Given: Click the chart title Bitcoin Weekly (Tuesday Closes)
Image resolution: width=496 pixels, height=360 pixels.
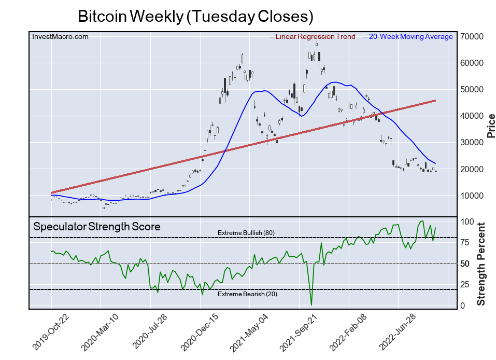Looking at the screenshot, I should [195, 16].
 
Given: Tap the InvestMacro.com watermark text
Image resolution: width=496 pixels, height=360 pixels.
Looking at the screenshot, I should [60, 36].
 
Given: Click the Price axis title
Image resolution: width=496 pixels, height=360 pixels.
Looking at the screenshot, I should [490, 126].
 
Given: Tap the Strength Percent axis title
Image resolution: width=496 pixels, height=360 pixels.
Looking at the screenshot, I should [481, 264].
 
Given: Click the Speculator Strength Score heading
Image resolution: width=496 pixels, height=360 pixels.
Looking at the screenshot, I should [97, 227].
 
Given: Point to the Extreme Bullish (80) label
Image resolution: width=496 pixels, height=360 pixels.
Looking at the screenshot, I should [246, 233].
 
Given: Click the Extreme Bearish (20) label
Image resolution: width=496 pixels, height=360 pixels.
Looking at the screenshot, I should [246, 295].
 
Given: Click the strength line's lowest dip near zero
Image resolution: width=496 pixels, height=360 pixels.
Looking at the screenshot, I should [311, 304].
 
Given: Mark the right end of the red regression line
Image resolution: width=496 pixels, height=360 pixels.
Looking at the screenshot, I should [434, 101].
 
